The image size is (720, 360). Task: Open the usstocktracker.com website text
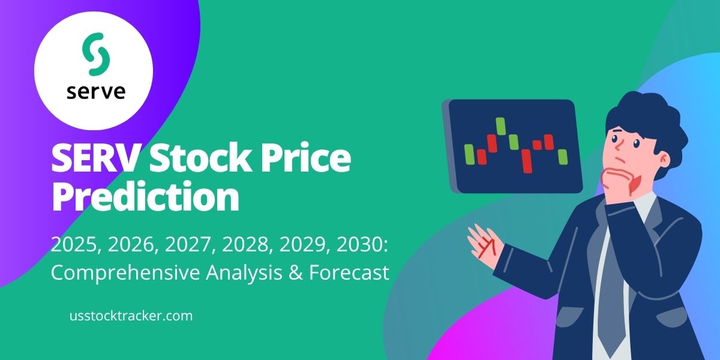click(131, 316)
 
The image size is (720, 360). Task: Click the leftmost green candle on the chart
click(470, 152)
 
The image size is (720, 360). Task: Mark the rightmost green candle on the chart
click(562, 157)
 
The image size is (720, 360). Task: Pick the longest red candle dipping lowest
click(527, 160)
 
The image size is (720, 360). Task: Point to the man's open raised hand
click(484, 244)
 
